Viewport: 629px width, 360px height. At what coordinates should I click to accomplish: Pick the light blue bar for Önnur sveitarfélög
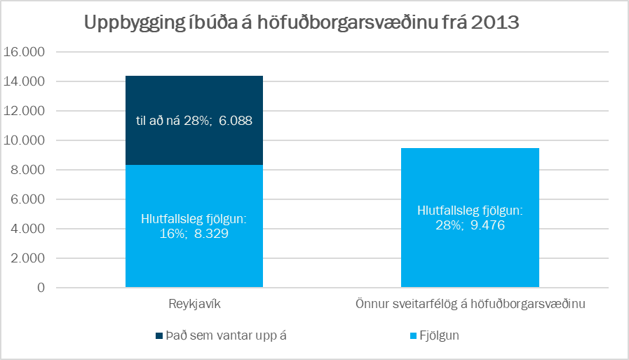coord(470,260)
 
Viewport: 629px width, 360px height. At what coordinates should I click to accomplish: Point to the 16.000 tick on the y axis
coord(25,52)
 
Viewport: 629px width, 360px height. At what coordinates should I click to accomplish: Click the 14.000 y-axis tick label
coord(25,81)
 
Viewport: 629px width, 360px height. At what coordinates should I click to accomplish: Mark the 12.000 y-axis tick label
coord(25,111)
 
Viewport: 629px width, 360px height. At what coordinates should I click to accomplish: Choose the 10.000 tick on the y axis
coord(25,140)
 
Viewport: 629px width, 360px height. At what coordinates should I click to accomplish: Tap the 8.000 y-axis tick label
coord(27,170)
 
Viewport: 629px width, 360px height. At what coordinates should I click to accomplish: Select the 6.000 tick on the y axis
coord(27,199)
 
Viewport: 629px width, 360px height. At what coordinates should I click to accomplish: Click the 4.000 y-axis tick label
coord(27,229)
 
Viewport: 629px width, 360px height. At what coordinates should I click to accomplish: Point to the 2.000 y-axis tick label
coord(27,258)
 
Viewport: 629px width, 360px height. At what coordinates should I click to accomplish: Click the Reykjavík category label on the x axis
coord(194,305)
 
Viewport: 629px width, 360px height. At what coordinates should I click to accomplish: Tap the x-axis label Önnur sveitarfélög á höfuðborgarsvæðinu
coord(470,305)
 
